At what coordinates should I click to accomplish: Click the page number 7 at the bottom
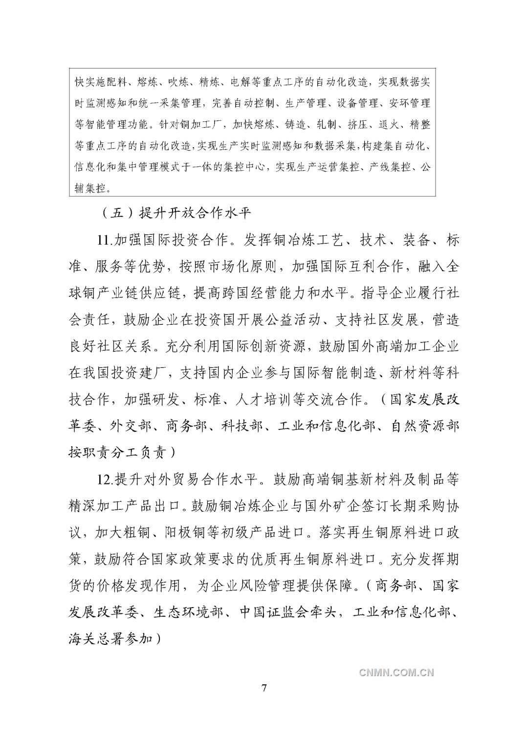(264, 688)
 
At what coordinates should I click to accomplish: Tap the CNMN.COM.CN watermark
(396, 672)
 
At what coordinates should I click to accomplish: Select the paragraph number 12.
(105, 479)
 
